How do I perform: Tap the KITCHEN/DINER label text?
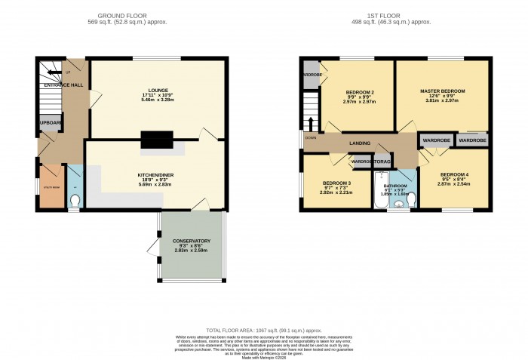click(155, 174)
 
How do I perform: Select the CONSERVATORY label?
click(192, 241)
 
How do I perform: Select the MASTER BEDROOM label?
click(442, 91)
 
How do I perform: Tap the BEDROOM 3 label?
click(336, 183)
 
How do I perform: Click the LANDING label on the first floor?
click(358, 143)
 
